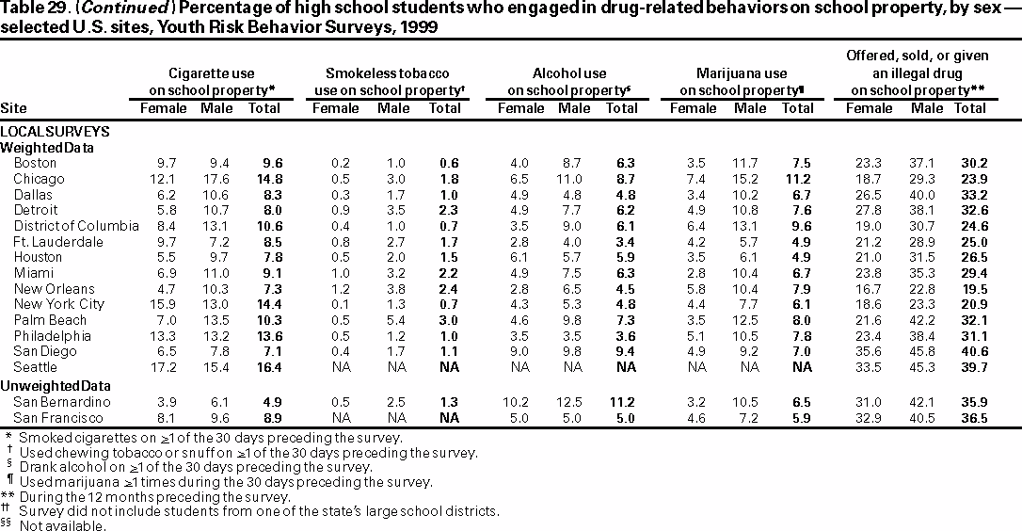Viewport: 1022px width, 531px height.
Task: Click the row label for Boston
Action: pos(35,163)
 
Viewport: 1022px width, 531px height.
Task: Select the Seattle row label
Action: pos(35,366)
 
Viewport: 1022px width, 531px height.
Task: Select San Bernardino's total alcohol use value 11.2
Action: pos(622,401)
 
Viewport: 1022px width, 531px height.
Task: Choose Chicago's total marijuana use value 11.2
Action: pos(797,179)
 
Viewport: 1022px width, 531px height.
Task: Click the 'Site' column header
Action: pos(14,108)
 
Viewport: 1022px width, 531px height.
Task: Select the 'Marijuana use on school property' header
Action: pos(741,82)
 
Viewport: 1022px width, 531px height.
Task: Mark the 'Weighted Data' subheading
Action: pos(46,148)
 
